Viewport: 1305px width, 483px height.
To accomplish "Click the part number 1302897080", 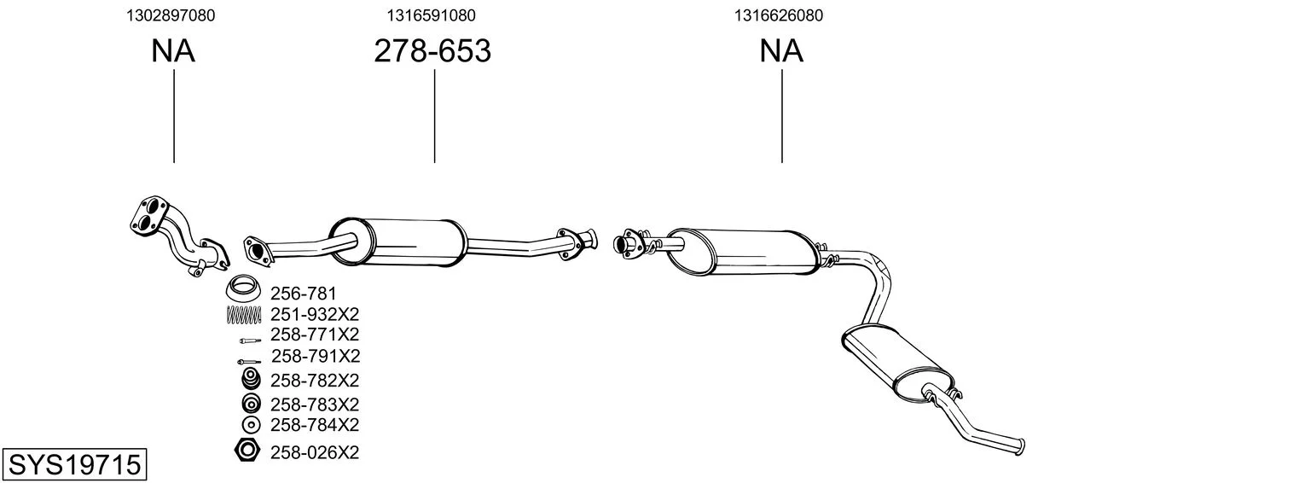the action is [171, 15].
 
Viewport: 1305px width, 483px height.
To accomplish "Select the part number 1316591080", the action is [431, 15].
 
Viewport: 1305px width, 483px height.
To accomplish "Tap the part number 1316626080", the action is [779, 15].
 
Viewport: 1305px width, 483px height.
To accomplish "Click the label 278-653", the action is [432, 50].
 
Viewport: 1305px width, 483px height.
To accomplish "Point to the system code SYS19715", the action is [74, 465].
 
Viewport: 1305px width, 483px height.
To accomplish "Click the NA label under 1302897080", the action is [173, 50].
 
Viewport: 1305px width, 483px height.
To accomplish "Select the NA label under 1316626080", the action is [781, 50].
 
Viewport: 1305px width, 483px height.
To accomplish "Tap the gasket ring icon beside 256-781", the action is [243, 287].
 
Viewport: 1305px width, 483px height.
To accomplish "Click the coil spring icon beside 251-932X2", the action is [243, 315].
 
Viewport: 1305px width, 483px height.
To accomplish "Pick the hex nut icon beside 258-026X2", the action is [247, 451].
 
